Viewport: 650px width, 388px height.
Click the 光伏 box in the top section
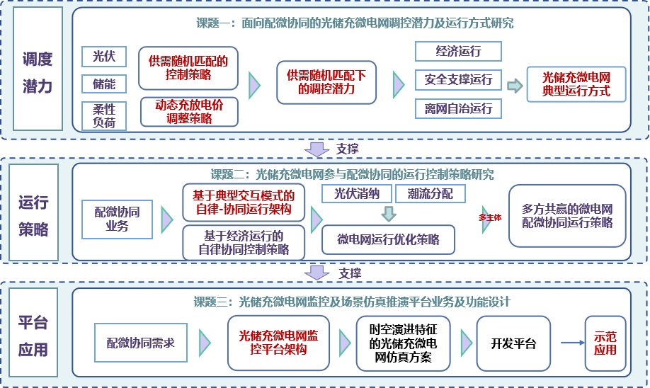104,57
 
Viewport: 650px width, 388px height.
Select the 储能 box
104,84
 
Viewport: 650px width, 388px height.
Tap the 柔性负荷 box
104,116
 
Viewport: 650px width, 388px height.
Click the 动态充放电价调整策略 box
189,111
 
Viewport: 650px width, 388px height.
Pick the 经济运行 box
458,52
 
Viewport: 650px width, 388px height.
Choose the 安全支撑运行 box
458,79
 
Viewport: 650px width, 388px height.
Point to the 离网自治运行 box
458,108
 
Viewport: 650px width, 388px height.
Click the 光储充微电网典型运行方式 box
576,84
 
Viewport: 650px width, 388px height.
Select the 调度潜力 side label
38,69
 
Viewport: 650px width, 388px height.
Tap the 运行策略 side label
33,212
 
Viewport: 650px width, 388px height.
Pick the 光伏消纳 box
356,193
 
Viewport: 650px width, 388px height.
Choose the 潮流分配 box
431,193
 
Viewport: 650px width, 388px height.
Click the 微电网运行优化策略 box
388,239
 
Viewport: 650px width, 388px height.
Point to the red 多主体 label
490,217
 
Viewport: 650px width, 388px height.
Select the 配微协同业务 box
118,219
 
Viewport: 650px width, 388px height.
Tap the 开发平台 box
513,343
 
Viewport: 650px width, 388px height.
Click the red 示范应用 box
605,343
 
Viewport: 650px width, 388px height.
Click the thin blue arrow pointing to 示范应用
573,343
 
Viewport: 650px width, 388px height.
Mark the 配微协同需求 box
141,343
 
